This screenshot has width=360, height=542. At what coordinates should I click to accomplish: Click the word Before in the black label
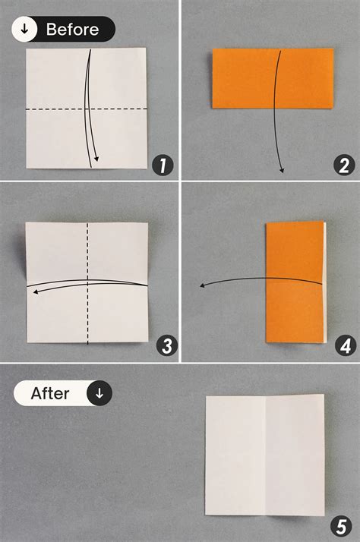pyautogui.click(x=72, y=30)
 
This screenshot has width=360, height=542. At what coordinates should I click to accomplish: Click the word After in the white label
pyautogui.click(x=50, y=393)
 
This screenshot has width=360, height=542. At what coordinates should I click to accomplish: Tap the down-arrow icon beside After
pyautogui.click(x=99, y=393)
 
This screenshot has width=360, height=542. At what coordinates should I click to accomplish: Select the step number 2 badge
pyautogui.click(x=344, y=164)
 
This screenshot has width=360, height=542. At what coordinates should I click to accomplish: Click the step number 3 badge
pyautogui.click(x=166, y=346)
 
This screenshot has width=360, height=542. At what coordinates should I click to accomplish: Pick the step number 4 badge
pyautogui.click(x=345, y=346)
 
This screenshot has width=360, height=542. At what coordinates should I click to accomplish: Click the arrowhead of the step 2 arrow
pyautogui.click(x=281, y=170)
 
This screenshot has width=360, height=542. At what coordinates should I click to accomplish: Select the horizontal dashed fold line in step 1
pyautogui.click(x=53, y=110)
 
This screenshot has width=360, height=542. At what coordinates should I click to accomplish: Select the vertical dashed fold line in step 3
pyautogui.click(x=88, y=319)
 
